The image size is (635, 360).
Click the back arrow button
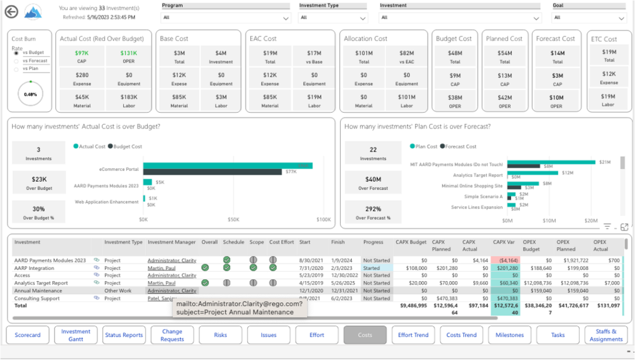pyautogui.click(x=11, y=12)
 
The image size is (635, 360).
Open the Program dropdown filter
pyautogui.click(x=226, y=17)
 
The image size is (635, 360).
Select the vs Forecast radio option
pyautogui.click(x=16, y=61)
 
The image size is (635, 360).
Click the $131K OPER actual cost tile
pyautogui.click(x=129, y=56)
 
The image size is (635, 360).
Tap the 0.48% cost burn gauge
pyautogui.click(x=30, y=94)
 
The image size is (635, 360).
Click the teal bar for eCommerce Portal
pyautogui.click(x=228, y=166)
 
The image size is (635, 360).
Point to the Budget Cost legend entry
pyautogui.click(x=125, y=146)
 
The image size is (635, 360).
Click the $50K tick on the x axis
pyautogui.click(x=233, y=219)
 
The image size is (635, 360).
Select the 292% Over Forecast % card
pyautogui.click(x=373, y=212)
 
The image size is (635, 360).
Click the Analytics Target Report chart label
pyautogui.click(x=477, y=175)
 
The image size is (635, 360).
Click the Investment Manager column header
pyautogui.click(x=171, y=242)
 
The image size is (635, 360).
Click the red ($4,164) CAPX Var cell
pyautogui.click(x=505, y=260)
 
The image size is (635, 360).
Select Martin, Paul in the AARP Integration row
pyautogui.click(x=161, y=268)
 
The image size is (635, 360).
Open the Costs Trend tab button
pyautogui.click(x=461, y=335)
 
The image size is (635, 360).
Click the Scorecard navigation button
pyautogui.click(x=28, y=335)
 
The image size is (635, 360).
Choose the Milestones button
pyautogui.click(x=510, y=335)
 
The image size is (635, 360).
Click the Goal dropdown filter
pyautogui.click(x=589, y=17)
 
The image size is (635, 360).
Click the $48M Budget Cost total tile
pyautogui.click(x=455, y=56)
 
